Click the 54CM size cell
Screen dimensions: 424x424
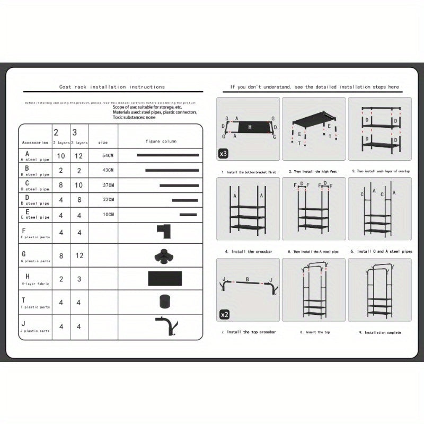108,155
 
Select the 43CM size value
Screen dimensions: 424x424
108,171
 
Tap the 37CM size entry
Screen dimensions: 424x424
108,185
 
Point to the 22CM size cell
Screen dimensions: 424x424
108,200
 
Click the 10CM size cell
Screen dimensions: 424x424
108,215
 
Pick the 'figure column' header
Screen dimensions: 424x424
161,142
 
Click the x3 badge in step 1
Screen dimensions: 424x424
224,154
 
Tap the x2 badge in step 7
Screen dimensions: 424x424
224,315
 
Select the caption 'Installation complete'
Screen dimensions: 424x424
380,333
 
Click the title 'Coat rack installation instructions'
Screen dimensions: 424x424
112,87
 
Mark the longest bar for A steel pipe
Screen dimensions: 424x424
167,155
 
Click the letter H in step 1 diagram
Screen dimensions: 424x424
250,127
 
